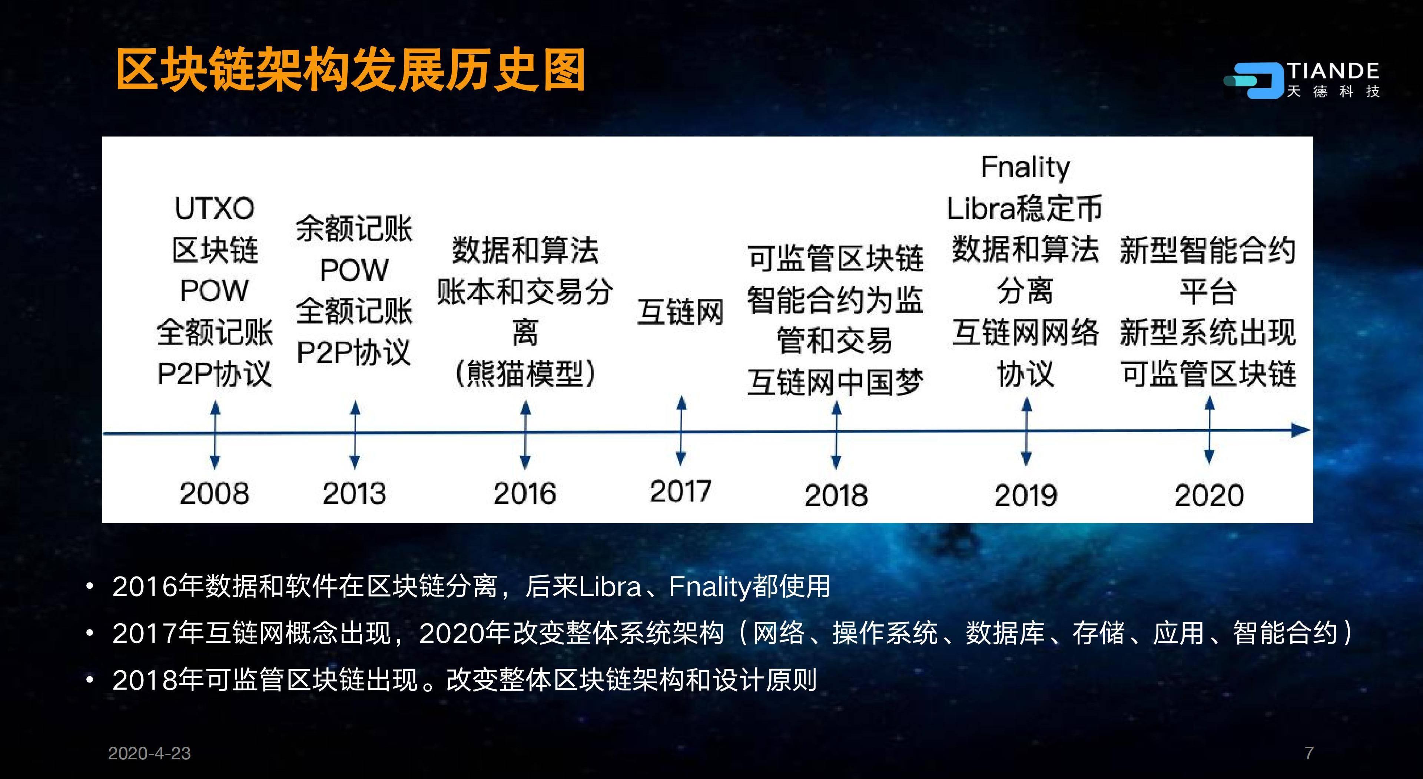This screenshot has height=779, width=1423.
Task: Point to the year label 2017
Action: pos(681,491)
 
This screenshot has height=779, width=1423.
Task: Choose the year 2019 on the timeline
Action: pos(1026,495)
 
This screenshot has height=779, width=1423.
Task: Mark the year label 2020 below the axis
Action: pos(1209,495)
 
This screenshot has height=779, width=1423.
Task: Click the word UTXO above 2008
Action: pos(214,208)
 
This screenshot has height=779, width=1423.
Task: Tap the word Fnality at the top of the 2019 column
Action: pos(1025,167)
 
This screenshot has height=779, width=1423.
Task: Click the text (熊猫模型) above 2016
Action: pos(525,374)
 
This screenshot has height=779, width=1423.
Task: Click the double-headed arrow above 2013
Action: pos(355,435)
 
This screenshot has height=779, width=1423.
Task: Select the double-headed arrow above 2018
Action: pos(836,435)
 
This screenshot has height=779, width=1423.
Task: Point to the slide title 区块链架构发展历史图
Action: pos(351,70)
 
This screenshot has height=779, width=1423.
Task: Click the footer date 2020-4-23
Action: pos(149,753)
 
